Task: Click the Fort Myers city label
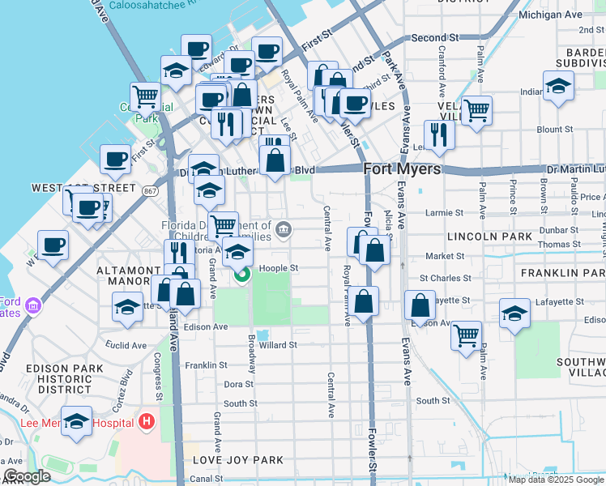point(402,169)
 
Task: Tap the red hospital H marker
point(147,421)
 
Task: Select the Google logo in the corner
point(27,476)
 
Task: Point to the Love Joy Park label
point(237,460)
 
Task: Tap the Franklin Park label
point(562,274)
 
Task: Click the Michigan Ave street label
point(550,15)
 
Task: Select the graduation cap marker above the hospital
point(77,421)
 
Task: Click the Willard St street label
point(278,344)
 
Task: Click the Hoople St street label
point(279,268)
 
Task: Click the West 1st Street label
point(72,188)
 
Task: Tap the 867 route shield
point(149,192)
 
